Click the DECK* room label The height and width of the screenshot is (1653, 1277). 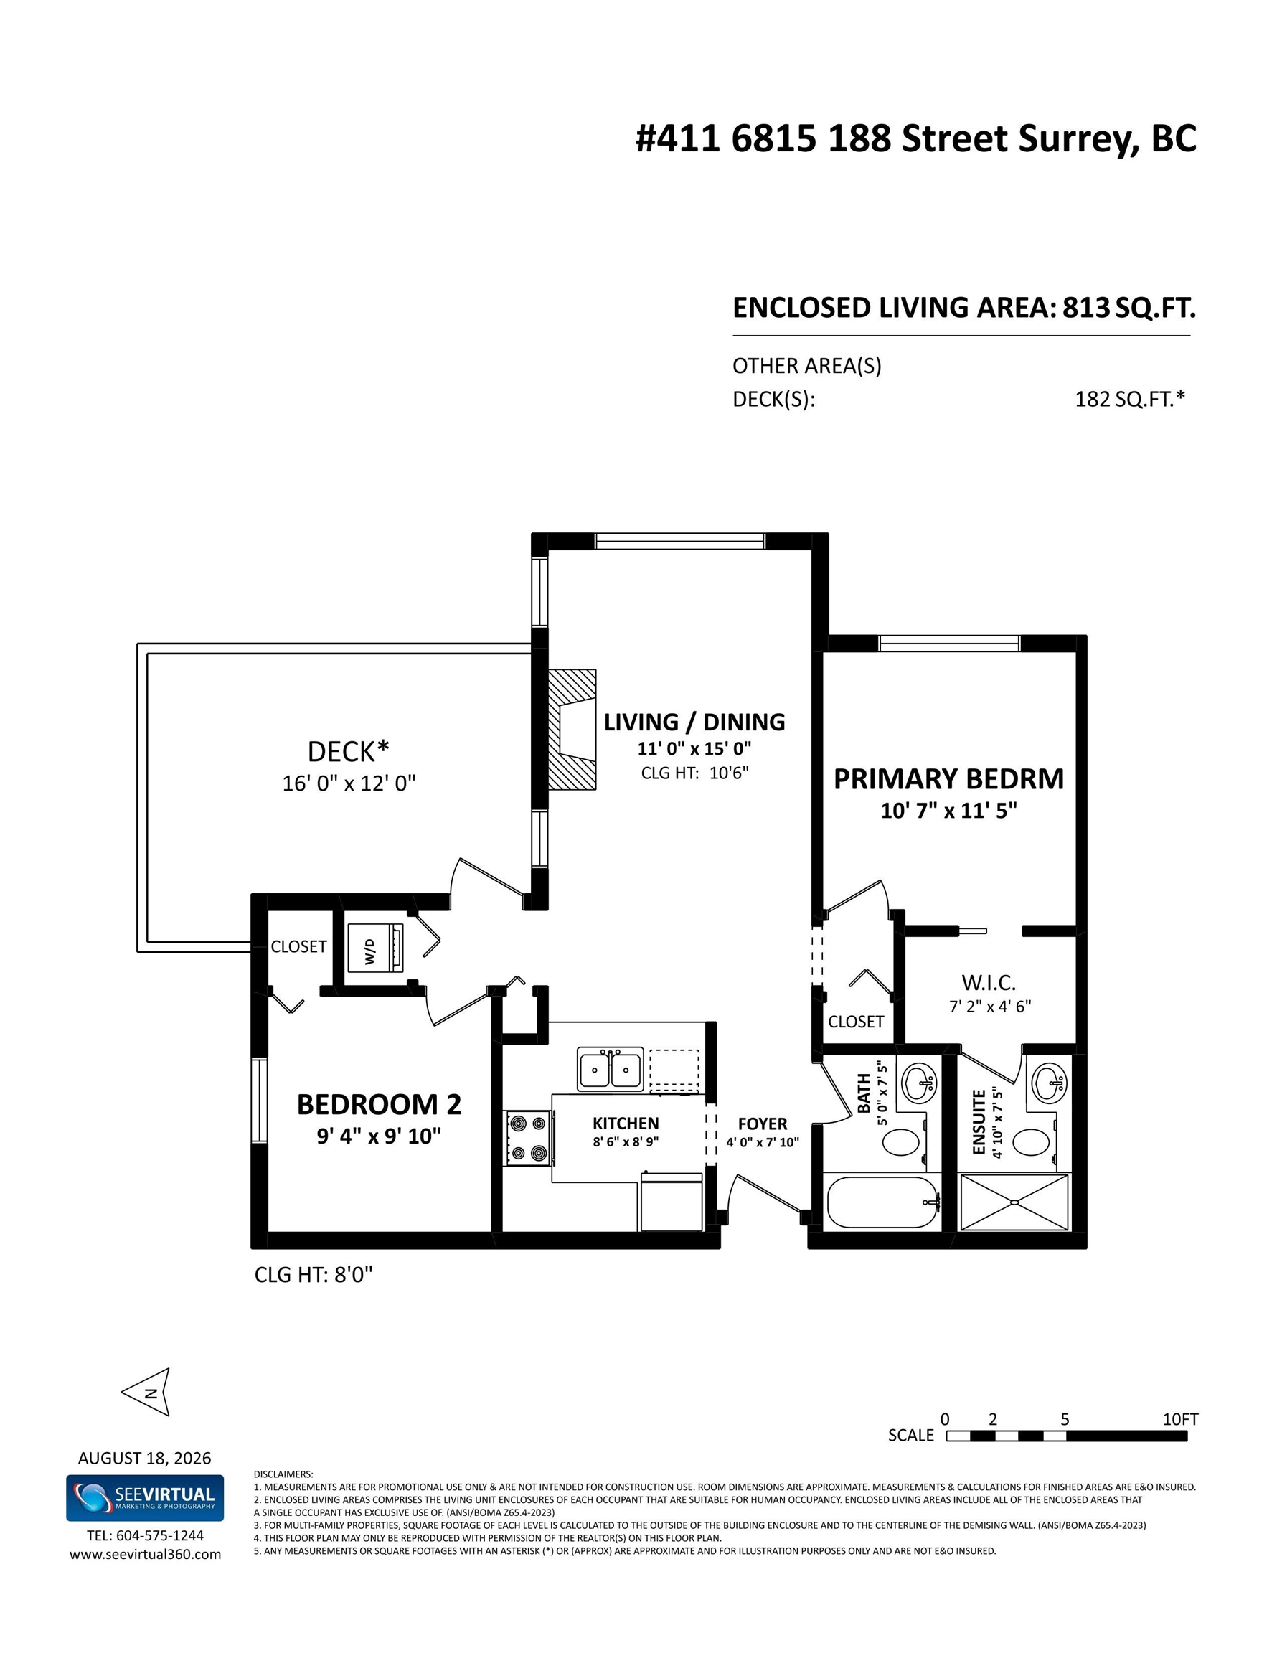[x=348, y=752]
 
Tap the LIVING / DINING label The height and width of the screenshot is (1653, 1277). [x=694, y=722]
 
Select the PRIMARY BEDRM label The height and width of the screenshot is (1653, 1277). [x=948, y=779]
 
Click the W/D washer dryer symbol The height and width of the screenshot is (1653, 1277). [x=374, y=948]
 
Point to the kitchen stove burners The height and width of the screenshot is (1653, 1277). [x=527, y=1138]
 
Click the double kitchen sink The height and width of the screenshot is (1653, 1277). [x=610, y=1070]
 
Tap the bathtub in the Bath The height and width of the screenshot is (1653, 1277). [x=882, y=1202]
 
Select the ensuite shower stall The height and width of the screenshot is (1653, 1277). [x=1014, y=1202]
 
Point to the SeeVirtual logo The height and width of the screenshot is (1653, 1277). [x=145, y=1498]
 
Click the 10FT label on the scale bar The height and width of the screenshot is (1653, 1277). [x=1180, y=1419]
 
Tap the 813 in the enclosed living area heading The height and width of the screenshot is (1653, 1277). [x=1086, y=307]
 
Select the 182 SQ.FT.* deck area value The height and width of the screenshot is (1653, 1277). [x=1130, y=399]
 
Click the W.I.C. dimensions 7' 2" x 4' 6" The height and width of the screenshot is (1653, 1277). [x=990, y=1007]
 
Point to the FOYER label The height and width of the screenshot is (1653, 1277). [x=763, y=1124]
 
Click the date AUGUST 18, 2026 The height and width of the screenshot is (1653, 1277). [x=145, y=1459]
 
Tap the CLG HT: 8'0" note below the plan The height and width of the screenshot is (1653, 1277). [x=314, y=1276]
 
